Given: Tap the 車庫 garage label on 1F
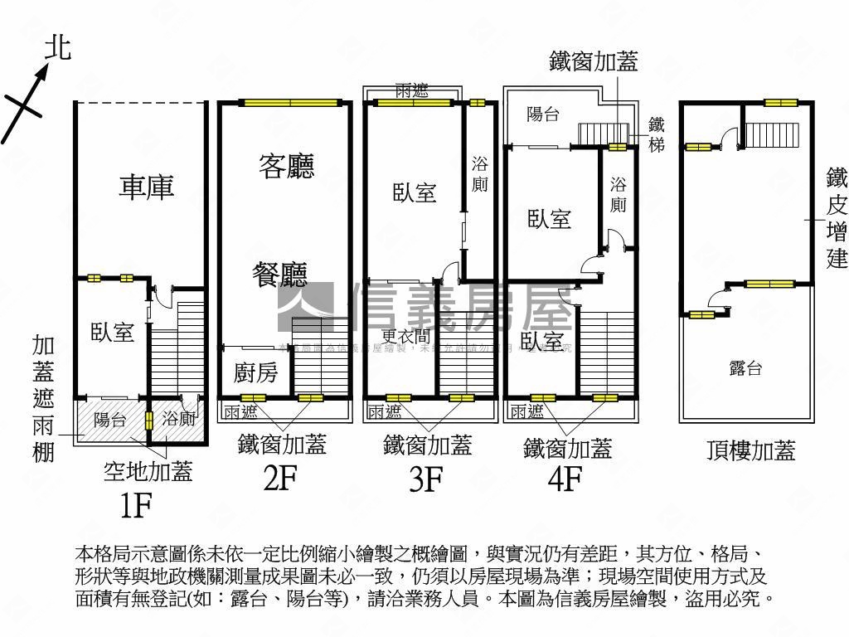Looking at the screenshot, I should pos(146,186).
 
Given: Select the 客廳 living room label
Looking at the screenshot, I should pos(287,167).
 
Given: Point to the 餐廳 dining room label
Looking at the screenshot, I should pos(280,274).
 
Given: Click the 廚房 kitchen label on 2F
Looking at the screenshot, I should pos(255,373).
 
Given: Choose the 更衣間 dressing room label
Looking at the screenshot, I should pos(405,336).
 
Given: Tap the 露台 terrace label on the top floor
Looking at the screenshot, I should pos(745,369).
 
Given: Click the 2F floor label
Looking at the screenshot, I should pos(280,479).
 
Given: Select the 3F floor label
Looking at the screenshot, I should pos(426,479).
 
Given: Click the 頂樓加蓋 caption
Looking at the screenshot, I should pos(750,450).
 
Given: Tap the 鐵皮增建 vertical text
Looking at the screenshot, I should pos(837,219).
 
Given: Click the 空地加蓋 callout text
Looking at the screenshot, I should pos(148,472).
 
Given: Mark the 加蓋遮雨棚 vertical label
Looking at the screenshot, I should pos(45,398).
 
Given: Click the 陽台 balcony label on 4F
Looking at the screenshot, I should pos(543,115).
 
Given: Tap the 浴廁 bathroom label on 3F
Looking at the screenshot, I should pos(479,173).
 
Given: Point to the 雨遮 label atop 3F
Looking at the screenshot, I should pos(412,92).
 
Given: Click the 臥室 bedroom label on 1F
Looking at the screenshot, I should pos(112,333).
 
